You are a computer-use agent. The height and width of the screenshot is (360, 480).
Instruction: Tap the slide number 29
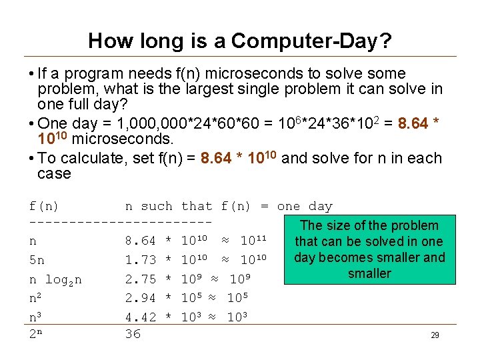click(435, 335)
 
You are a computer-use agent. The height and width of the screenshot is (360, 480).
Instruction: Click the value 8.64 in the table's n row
click(141, 240)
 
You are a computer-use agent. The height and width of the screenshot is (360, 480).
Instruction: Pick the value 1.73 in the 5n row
click(141, 259)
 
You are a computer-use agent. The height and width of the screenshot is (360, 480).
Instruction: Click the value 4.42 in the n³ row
click(141, 316)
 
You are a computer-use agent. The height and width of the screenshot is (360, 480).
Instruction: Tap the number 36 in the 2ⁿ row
click(133, 333)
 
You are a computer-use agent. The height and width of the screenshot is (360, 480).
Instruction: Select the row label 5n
click(37, 259)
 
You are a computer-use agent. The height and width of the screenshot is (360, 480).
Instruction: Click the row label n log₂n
click(55, 278)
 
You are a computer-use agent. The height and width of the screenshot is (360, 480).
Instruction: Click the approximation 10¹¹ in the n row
click(253, 240)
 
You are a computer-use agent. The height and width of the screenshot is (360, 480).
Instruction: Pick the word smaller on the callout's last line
click(369, 273)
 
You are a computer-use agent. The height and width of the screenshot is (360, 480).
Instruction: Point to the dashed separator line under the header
click(121, 221)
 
